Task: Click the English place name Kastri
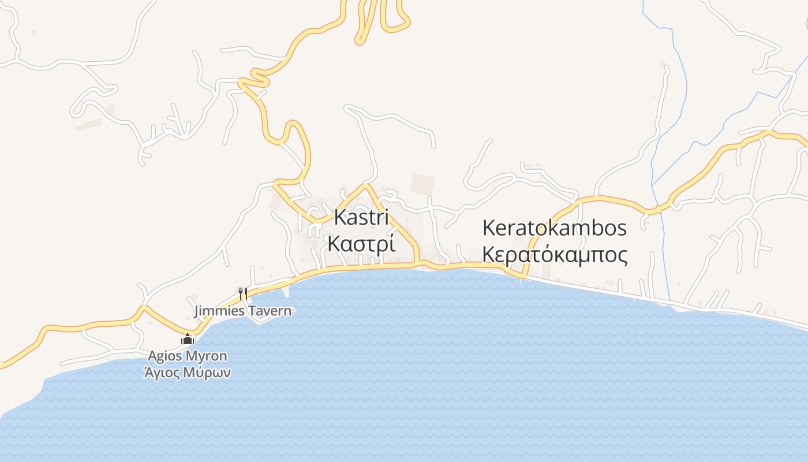tap(362, 218)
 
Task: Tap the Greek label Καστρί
tap(362, 244)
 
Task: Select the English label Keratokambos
tap(554, 228)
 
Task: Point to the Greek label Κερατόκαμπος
tap(554, 255)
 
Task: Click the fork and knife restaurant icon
tap(243, 293)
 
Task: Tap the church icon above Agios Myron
tap(187, 340)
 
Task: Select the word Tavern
tap(271, 311)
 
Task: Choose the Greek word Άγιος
tap(162, 372)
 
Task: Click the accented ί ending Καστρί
tap(392, 244)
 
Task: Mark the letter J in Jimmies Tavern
tap(198, 311)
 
